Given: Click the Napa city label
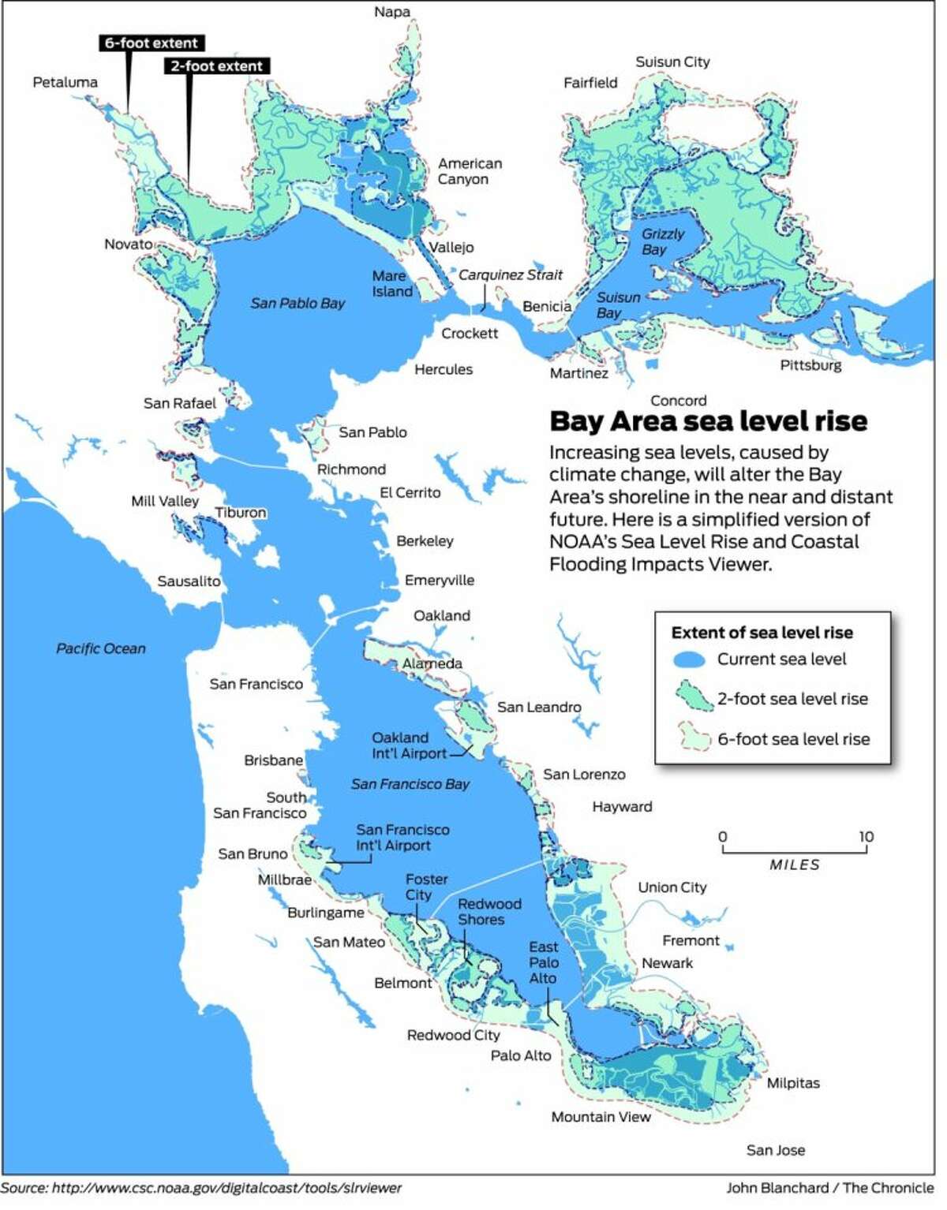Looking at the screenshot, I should (x=392, y=12).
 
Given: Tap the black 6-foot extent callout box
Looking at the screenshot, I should (x=152, y=43).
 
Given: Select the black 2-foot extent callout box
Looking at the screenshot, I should (x=217, y=66).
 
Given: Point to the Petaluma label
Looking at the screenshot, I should (x=66, y=82).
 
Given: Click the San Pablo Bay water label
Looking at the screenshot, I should (x=298, y=303).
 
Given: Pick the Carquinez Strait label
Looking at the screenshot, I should (x=511, y=274).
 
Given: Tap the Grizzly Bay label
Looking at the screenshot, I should (x=661, y=241).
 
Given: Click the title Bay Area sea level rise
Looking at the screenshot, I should (x=708, y=420).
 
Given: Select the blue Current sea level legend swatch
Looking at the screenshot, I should (x=690, y=659).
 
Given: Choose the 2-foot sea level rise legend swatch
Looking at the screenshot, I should (x=690, y=698).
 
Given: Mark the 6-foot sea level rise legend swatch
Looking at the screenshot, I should (x=690, y=738).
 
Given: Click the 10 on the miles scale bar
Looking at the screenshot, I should (x=866, y=837).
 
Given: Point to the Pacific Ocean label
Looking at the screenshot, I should (x=101, y=648).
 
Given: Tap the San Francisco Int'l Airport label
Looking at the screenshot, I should (x=402, y=837).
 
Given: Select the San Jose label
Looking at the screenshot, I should (x=776, y=1150).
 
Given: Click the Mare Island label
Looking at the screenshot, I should (x=392, y=283).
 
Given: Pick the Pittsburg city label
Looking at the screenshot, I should (x=810, y=365).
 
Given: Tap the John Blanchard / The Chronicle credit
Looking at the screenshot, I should (x=829, y=1188).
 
